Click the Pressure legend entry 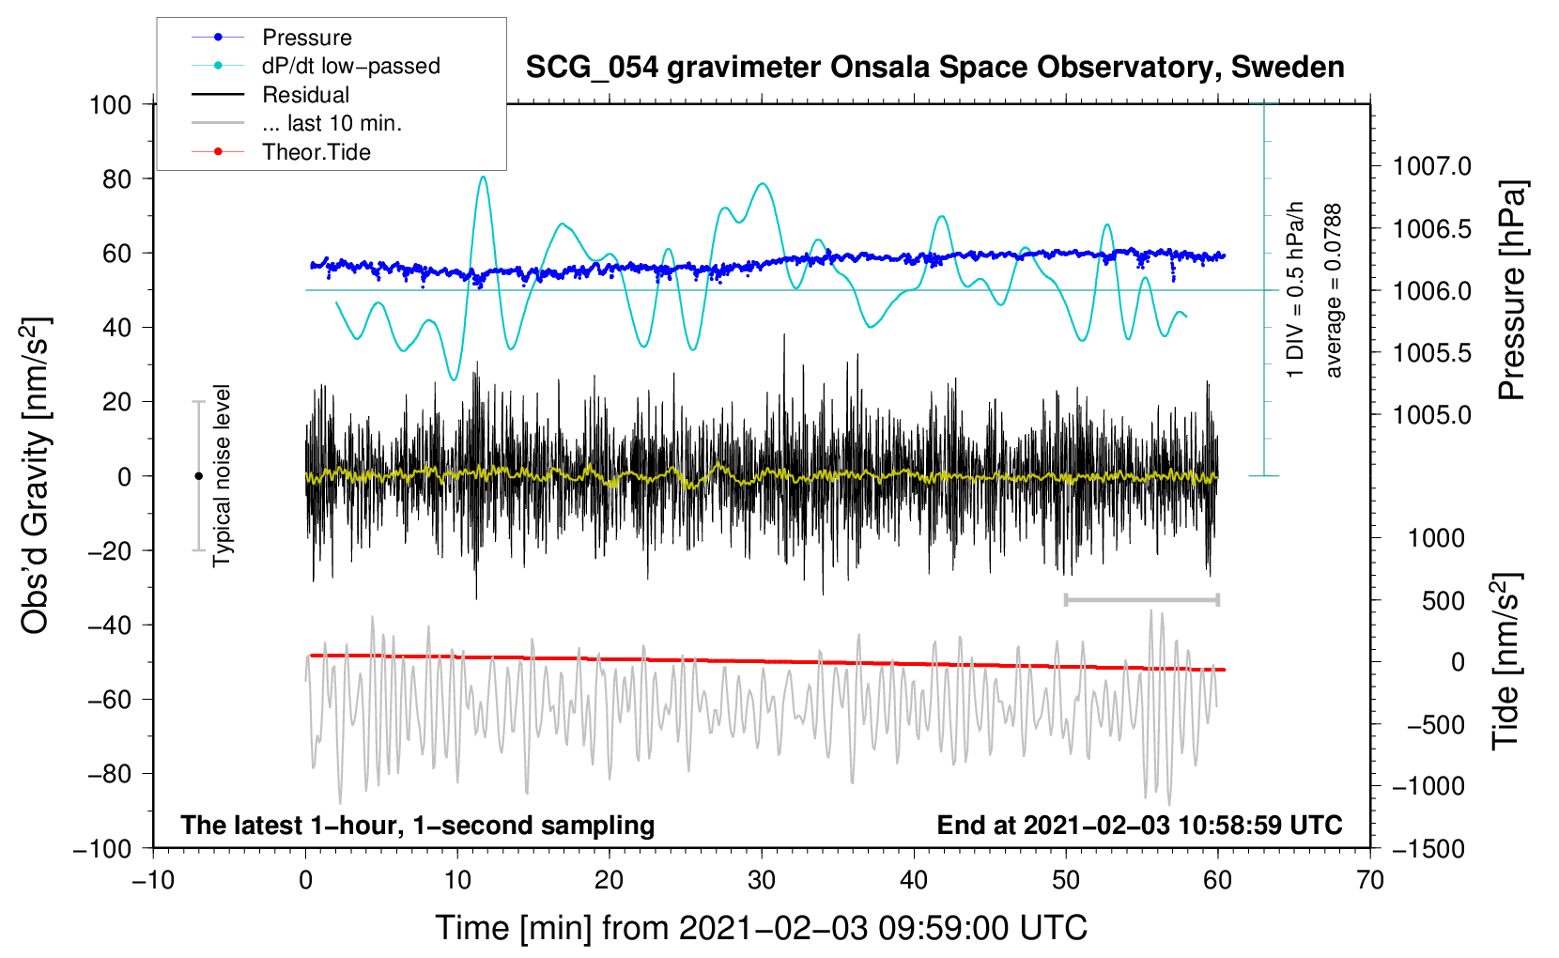(x=272, y=37)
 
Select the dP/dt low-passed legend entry (x=316, y=66)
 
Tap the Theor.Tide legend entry (x=281, y=152)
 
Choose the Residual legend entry (x=270, y=95)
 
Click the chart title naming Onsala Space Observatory (x=934, y=68)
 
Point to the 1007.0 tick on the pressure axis (x=1431, y=166)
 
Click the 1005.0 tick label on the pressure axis (x=1431, y=415)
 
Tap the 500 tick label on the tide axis (x=1443, y=601)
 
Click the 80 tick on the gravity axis (x=117, y=179)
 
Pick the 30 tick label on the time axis (x=762, y=880)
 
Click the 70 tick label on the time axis (x=1369, y=880)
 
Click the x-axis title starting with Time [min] (x=762, y=928)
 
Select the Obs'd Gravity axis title (x=35, y=475)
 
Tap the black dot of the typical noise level (x=198, y=476)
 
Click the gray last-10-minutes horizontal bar (x=1141, y=600)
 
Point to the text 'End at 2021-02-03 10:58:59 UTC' (x=1139, y=825)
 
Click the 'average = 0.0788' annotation (x=1333, y=290)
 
